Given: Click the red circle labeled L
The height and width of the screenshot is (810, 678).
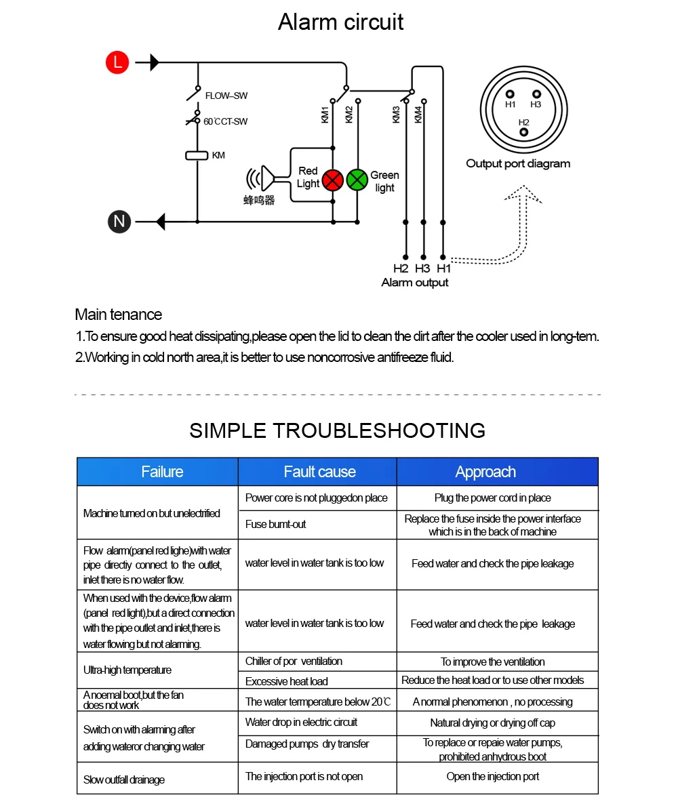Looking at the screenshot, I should (117, 63).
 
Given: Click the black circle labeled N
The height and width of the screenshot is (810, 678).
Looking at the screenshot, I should (119, 222).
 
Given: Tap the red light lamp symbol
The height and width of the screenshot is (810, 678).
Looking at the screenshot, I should (332, 180).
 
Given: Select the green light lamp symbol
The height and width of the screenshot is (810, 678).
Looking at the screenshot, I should (357, 180).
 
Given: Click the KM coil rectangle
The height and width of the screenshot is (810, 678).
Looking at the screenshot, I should (197, 156).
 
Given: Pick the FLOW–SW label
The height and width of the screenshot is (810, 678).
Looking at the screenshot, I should (226, 96).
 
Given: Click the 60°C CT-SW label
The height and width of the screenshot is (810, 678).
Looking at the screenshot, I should (225, 122).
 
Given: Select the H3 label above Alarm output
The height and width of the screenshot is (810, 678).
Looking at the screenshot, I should (422, 268).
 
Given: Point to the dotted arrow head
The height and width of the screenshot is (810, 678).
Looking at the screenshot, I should (523, 194).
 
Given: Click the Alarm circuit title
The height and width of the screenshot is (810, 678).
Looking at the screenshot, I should (340, 22).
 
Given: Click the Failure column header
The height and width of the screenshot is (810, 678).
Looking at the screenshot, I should (162, 472).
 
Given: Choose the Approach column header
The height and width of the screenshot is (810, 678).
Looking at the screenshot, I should (485, 472).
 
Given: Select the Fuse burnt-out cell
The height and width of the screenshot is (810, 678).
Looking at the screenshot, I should (275, 525).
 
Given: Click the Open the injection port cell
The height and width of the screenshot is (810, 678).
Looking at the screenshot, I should (493, 777).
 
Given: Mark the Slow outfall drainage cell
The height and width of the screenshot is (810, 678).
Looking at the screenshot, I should (124, 779).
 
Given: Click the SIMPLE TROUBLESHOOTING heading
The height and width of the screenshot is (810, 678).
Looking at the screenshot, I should (338, 430).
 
